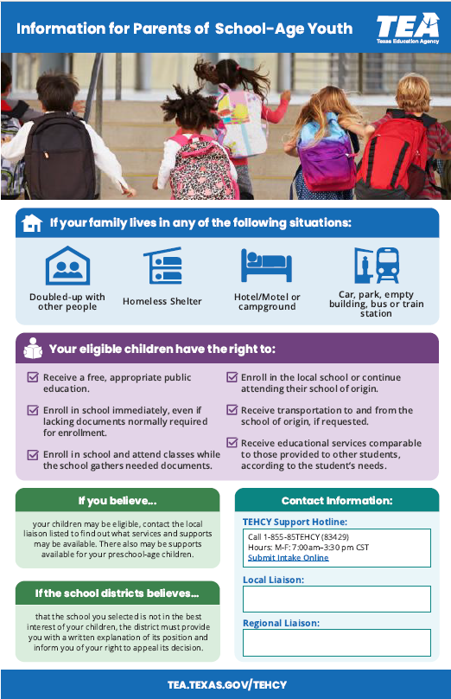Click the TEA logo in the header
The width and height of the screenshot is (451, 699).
[407, 28]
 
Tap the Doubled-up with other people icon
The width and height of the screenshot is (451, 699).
[67, 266]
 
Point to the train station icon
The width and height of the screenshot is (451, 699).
[377, 266]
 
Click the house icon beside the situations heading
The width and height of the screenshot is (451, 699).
[32, 223]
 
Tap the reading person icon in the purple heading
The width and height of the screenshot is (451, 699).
[32, 349]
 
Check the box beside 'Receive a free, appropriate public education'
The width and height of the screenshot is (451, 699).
[33, 378]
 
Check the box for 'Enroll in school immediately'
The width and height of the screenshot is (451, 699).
[33, 411]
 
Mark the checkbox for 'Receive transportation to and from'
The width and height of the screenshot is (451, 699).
[232, 411]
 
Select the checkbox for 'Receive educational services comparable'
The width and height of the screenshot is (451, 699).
[232, 444]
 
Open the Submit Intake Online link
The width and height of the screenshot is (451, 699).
[288, 558]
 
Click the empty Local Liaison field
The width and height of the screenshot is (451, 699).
[336, 599]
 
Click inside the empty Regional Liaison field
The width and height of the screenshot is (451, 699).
[336, 642]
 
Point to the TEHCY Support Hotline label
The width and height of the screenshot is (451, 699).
[295, 522]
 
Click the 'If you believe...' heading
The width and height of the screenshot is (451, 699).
[118, 501]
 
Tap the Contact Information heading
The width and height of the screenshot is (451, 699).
[336, 501]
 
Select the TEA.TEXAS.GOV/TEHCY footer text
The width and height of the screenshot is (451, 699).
[226, 684]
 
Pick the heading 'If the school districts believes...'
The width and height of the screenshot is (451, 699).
[118, 593]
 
